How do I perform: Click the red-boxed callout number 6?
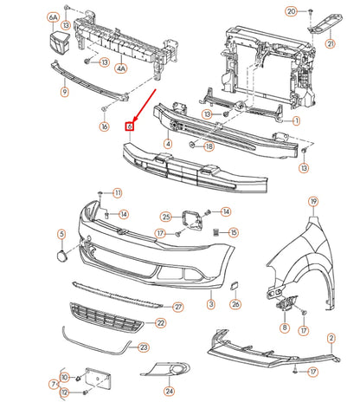click(131, 126)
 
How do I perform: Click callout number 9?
click(64, 91)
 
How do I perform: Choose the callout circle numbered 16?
click(104, 126)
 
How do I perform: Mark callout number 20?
click(292, 11)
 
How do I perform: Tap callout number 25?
click(166, 217)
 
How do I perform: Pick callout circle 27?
click(178, 307)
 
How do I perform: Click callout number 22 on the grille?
click(160, 322)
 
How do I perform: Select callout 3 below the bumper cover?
click(210, 305)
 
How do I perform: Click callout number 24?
click(169, 392)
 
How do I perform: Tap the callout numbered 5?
click(61, 234)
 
